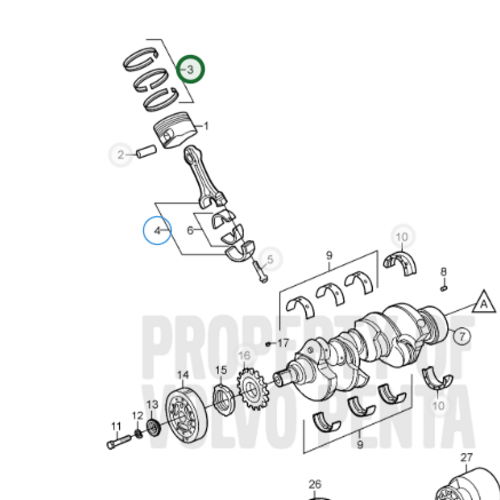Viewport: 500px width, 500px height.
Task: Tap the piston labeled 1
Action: (171, 133)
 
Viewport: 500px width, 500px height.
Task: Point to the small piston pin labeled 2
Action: (146, 153)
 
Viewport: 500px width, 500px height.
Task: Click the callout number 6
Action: (190, 230)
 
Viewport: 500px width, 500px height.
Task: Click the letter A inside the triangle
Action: (482, 303)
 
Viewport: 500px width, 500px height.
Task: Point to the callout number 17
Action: (282, 343)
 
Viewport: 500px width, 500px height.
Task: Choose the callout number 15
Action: (221, 372)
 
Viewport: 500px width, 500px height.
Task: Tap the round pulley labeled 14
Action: (185, 416)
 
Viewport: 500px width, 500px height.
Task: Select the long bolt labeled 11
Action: (115, 438)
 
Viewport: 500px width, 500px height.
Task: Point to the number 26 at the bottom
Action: (315, 484)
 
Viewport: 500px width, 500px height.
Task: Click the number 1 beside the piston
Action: (207, 127)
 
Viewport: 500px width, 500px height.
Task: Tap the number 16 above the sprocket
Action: (244, 356)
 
